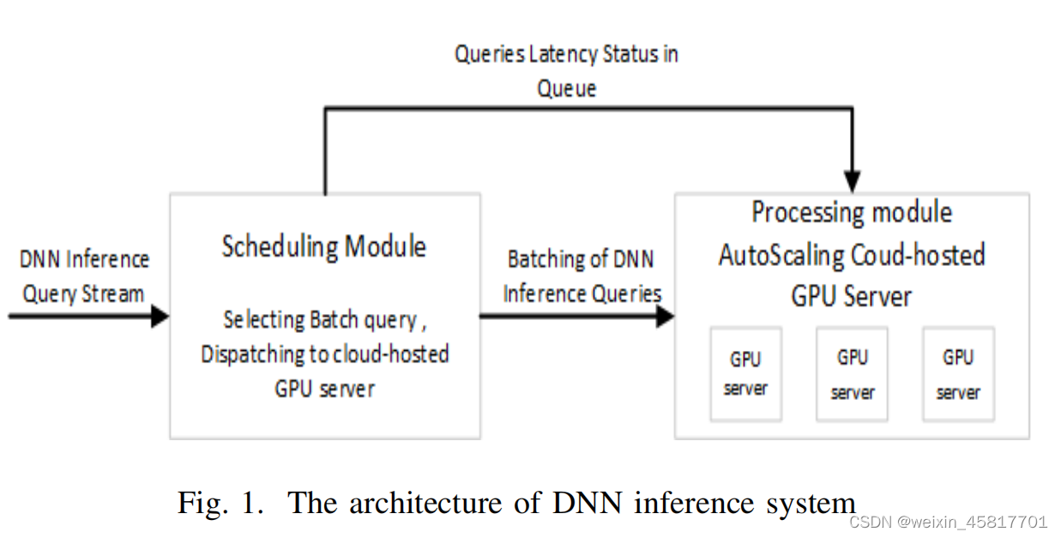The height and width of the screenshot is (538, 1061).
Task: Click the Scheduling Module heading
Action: tap(324, 247)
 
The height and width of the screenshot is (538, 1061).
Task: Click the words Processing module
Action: tap(852, 212)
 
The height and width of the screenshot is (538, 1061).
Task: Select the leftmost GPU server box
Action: tap(745, 373)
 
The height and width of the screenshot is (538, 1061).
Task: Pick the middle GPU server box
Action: tap(852, 373)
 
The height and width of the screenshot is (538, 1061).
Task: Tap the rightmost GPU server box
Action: tap(958, 373)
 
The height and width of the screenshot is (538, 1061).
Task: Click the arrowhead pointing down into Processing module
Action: tap(852, 182)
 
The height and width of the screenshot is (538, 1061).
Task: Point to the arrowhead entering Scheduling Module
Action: tap(160, 317)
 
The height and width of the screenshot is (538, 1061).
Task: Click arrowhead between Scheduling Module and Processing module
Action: tap(665, 317)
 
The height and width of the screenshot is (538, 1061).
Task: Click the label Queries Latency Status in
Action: tap(566, 55)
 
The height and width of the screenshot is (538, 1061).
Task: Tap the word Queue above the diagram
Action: tap(566, 88)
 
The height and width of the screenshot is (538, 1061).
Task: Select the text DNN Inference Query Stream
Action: tap(84, 276)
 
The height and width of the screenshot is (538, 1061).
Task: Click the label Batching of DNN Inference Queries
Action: tap(582, 276)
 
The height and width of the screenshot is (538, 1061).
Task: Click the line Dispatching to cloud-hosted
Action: tap(325, 354)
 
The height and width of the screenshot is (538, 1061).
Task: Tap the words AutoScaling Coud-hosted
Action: tap(852, 255)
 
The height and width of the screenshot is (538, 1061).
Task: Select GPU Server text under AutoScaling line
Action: tap(851, 296)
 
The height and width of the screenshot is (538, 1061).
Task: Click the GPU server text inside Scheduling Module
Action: tap(325, 389)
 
